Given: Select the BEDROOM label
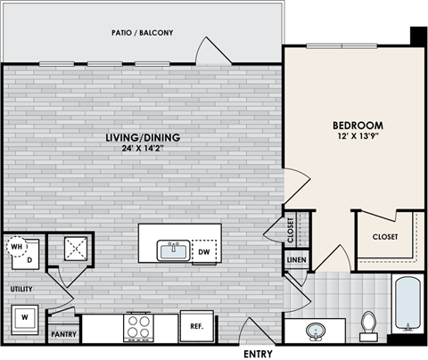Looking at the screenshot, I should click(x=358, y=125).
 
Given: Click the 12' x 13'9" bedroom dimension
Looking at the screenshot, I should click(x=358, y=137).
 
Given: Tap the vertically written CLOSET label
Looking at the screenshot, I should click(x=290, y=230).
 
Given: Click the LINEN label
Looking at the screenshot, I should click(x=296, y=260).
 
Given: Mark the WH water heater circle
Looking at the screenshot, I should click(x=16, y=247).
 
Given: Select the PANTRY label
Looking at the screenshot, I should click(x=63, y=335).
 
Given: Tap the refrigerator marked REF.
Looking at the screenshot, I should click(x=195, y=327).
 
